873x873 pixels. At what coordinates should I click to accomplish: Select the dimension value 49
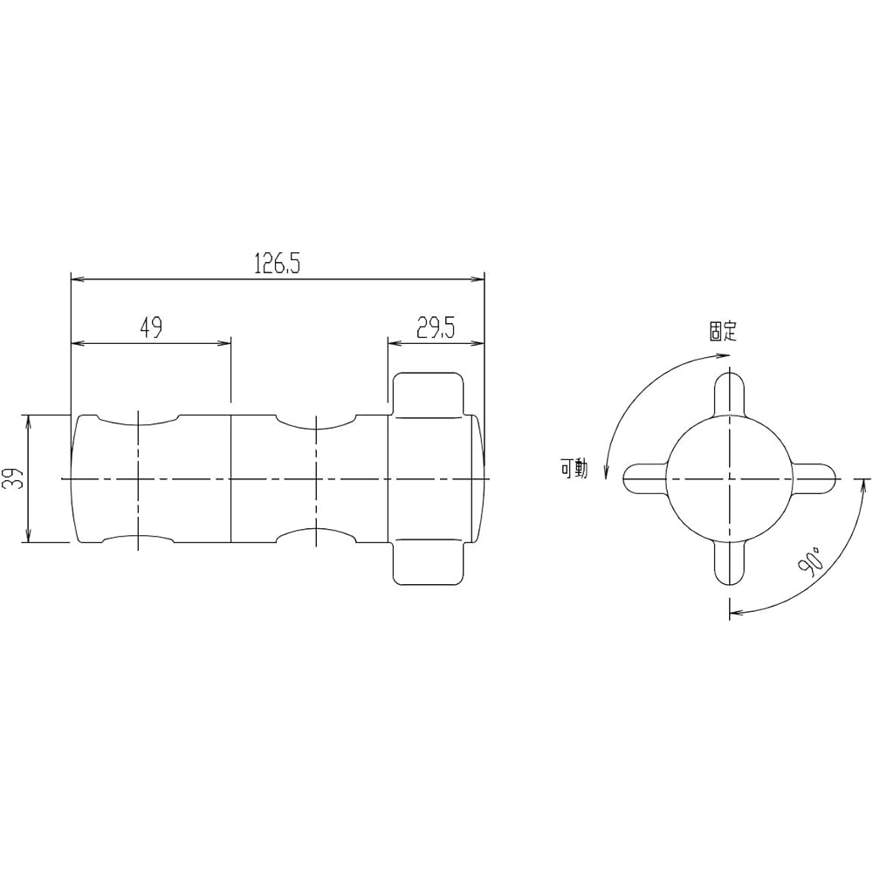pos(150,327)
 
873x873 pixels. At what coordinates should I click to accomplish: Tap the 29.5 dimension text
pos(436,327)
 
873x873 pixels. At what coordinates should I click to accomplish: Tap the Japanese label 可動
pos(574,471)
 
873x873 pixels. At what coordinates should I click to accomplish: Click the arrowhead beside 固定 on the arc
pos(722,354)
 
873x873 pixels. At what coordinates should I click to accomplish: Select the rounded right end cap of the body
pos(477,478)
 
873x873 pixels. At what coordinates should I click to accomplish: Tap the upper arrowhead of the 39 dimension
pos(29,421)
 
